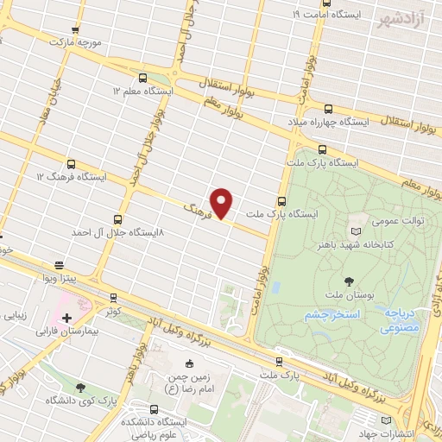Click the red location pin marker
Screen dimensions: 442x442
pyautogui.click(x=222, y=202)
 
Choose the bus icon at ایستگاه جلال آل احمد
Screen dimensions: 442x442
pyautogui.click(x=118, y=219)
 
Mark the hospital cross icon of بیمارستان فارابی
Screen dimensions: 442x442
pyautogui.click(x=66, y=306)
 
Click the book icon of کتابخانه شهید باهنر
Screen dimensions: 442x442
pyautogui.click(x=357, y=230)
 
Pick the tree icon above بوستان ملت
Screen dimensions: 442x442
pyautogui.click(x=349, y=281)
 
